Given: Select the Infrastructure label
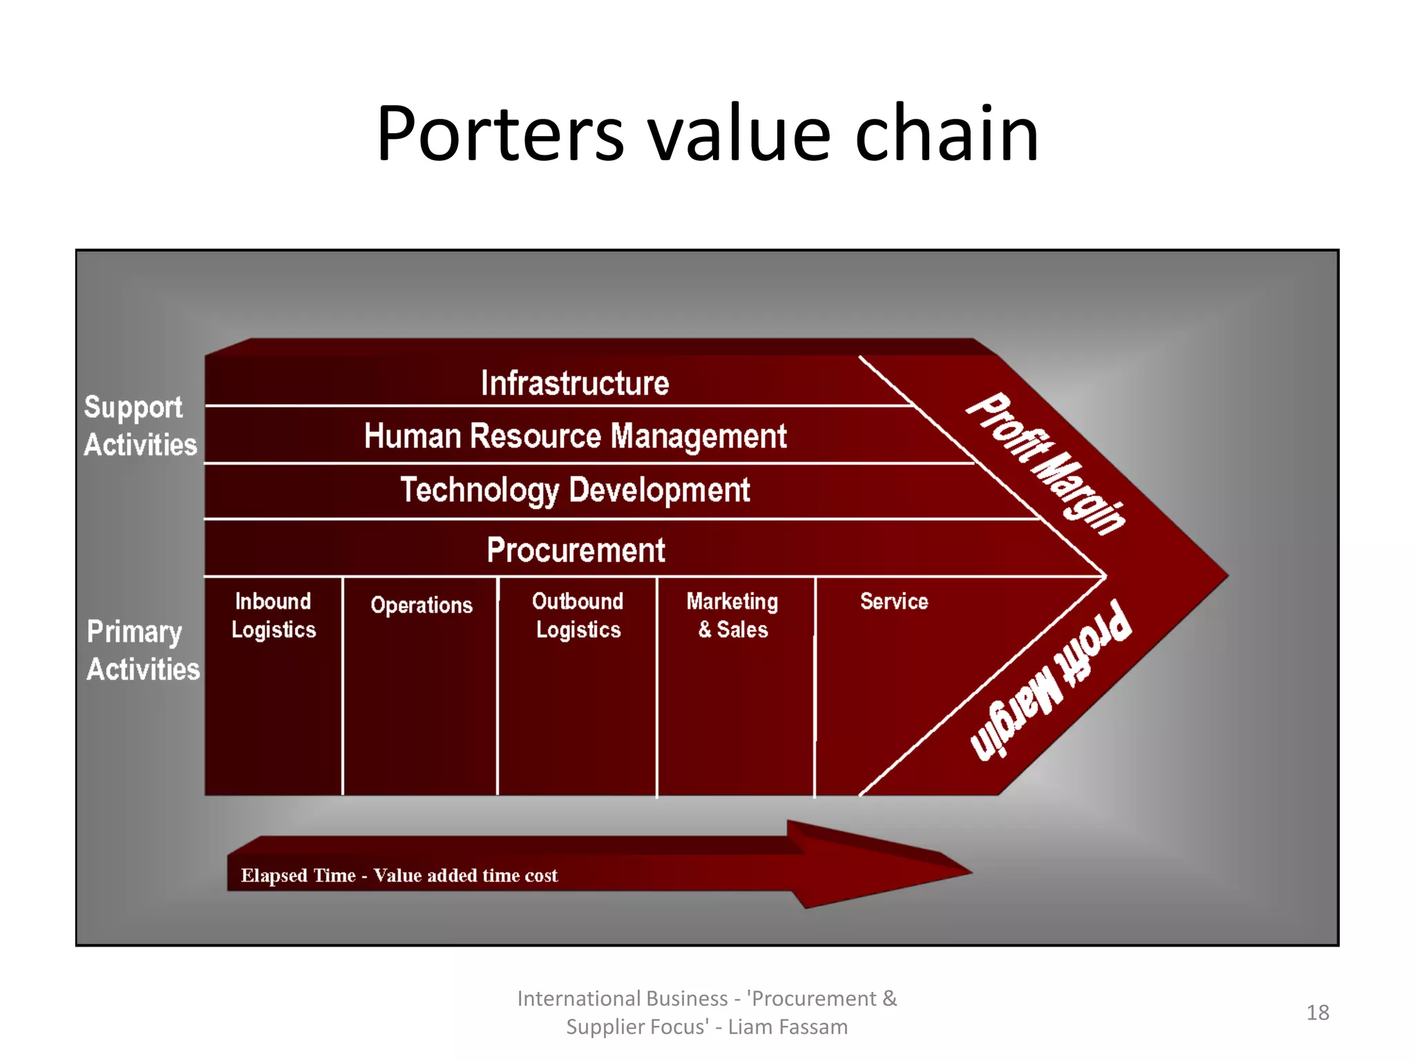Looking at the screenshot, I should coord(575,383).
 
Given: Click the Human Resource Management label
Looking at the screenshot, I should coord(575,437).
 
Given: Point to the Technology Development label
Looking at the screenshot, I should coord(575,490).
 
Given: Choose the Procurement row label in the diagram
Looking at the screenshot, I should coord(576,551).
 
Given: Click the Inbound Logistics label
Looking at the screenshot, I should coord(274,615).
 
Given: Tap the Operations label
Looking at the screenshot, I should coord(421,605).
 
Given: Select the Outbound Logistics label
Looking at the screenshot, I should coord(578,615).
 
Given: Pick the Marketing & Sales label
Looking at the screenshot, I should coord(732,615).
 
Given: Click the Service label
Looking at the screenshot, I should coord(894,602).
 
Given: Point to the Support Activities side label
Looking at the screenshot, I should coord(140,426).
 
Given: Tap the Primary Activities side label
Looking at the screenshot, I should coord(142,651).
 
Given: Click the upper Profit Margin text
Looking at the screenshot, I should coord(1045,463).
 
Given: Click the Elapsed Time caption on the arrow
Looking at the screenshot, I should coord(399,875).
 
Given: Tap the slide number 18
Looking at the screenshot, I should coord(1318,1013).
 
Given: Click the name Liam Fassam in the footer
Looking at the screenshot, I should coord(788,1027).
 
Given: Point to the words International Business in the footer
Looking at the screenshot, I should coord(622,999).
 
